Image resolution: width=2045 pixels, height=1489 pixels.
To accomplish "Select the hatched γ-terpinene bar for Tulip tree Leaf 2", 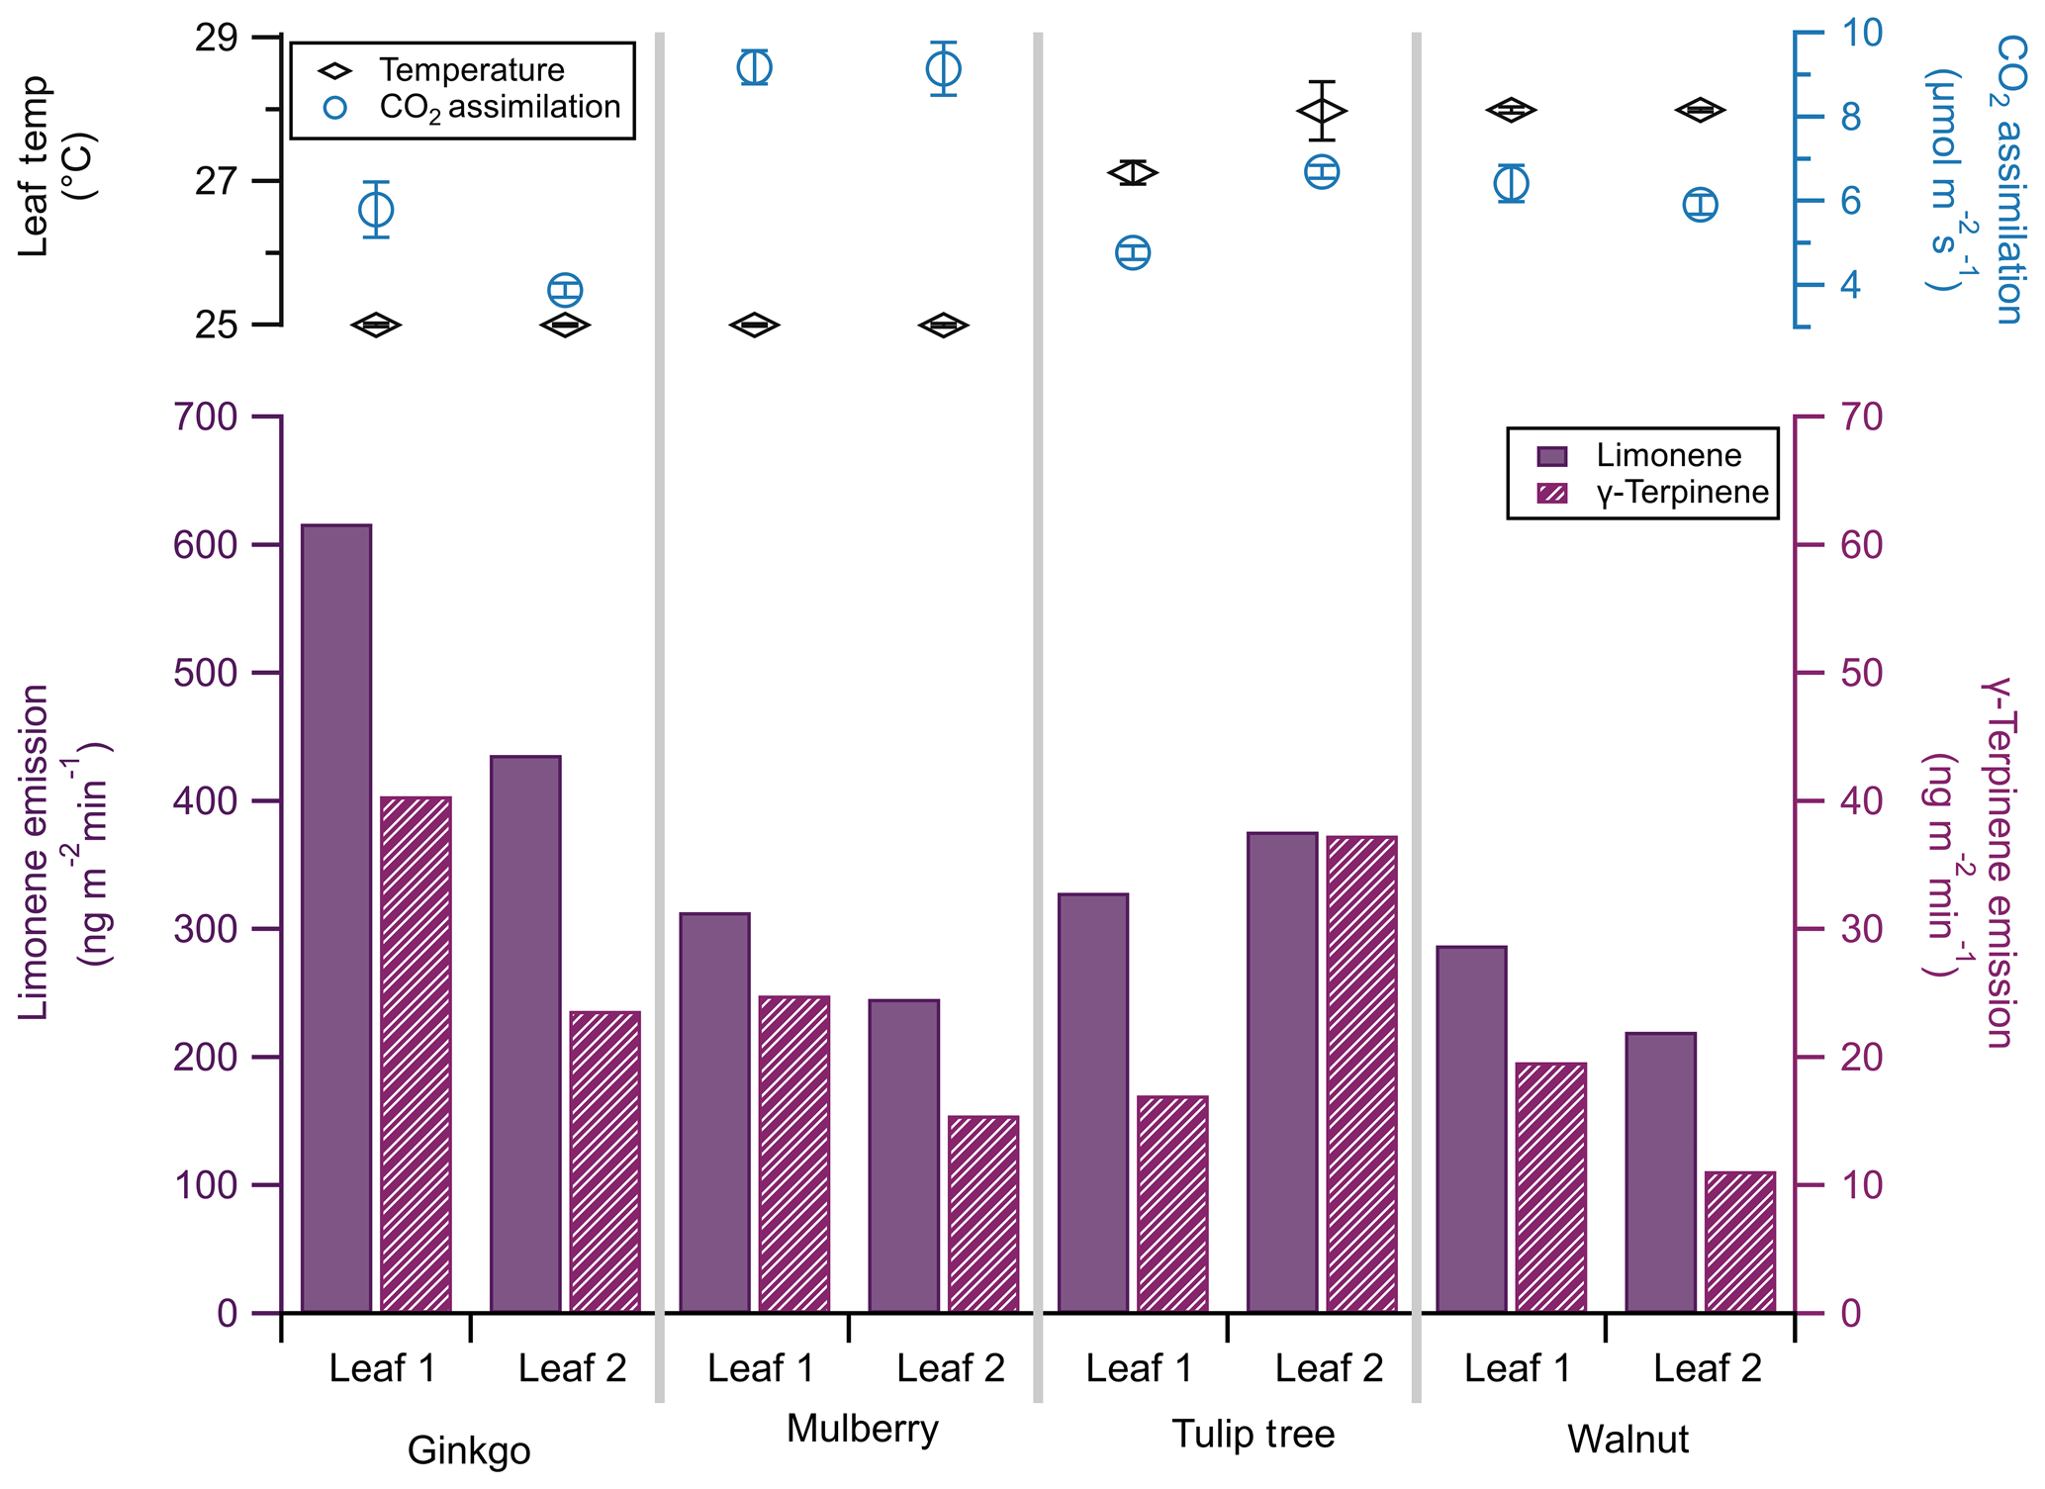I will point(1361,1074).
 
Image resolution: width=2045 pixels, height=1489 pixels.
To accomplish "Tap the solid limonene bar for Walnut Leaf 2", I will point(1660,1172).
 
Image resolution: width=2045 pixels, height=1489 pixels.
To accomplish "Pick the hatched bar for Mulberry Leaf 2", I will point(983,1214).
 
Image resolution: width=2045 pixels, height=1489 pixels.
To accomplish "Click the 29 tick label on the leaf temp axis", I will point(216,39).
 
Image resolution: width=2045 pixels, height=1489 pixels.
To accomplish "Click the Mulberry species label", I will point(862,1429).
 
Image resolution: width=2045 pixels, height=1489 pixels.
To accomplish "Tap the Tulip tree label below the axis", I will point(1253,1434).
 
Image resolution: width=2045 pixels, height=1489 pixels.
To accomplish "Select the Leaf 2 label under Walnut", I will point(1707,1368).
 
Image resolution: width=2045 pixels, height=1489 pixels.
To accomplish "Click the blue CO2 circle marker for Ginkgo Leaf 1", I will point(376,210).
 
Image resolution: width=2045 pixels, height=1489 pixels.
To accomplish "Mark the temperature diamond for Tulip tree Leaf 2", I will point(1322,111).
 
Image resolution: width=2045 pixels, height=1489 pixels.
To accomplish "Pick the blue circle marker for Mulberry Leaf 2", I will point(944,69).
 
